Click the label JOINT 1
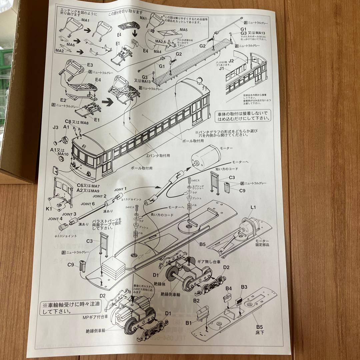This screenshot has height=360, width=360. (x=121, y=189)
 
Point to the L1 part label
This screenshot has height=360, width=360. (x=253, y=207)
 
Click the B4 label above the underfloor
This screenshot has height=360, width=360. (x=229, y=288)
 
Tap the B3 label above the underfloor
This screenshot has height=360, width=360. (x=244, y=287)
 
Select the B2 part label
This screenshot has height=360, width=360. (x=196, y=301)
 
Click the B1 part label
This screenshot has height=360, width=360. (x=189, y=323)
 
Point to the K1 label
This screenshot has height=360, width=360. (x=49, y=209)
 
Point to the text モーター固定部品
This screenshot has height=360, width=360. (x=262, y=243)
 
